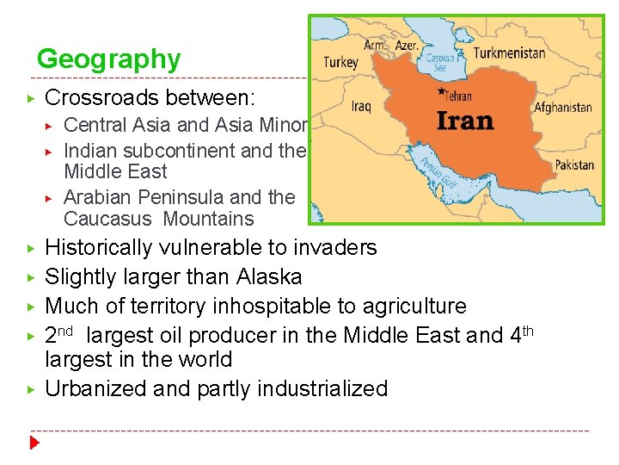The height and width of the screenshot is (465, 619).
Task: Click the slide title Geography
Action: [109, 59]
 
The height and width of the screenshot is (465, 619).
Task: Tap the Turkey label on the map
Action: [340, 62]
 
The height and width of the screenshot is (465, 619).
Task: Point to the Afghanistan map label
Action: [563, 108]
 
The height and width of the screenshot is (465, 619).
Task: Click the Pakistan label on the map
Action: [573, 164]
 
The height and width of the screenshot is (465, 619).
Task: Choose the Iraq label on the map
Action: [361, 107]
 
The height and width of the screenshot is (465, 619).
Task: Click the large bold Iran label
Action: [465, 120]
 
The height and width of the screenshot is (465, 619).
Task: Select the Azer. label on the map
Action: [407, 45]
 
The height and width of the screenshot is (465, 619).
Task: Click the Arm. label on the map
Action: [375, 45]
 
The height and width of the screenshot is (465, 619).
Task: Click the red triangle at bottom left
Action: [35, 444]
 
